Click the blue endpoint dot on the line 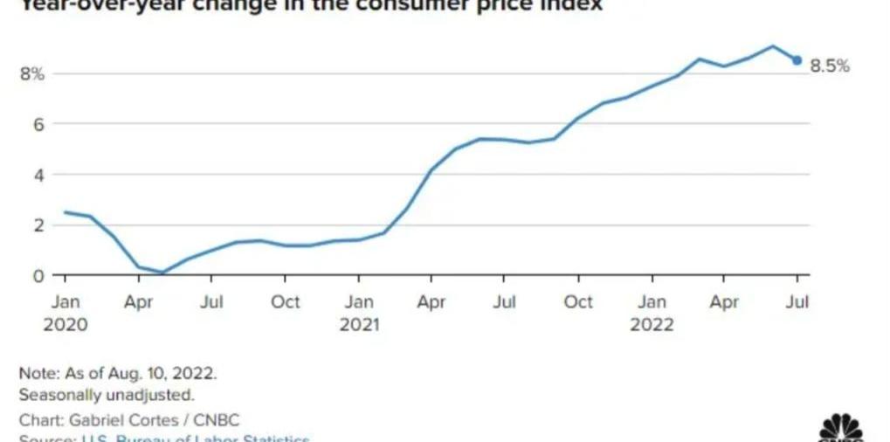pyautogui.click(x=797, y=60)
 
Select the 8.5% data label pyautogui.click(x=829, y=66)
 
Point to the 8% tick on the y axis pyautogui.click(x=32, y=73)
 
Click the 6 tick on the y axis pyautogui.click(x=38, y=124)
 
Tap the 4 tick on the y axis pyautogui.click(x=38, y=175)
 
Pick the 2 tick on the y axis pyautogui.click(x=38, y=225)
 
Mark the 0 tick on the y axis pyautogui.click(x=38, y=276)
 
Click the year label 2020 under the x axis pyautogui.click(x=65, y=325)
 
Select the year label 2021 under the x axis pyautogui.click(x=358, y=325)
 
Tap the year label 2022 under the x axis pyautogui.click(x=652, y=325)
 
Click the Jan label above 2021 pyautogui.click(x=358, y=302)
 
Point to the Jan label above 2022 pyautogui.click(x=652, y=302)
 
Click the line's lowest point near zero pyautogui.click(x=162, y=273)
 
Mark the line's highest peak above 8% pyautogui.click(x=772, y=45)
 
